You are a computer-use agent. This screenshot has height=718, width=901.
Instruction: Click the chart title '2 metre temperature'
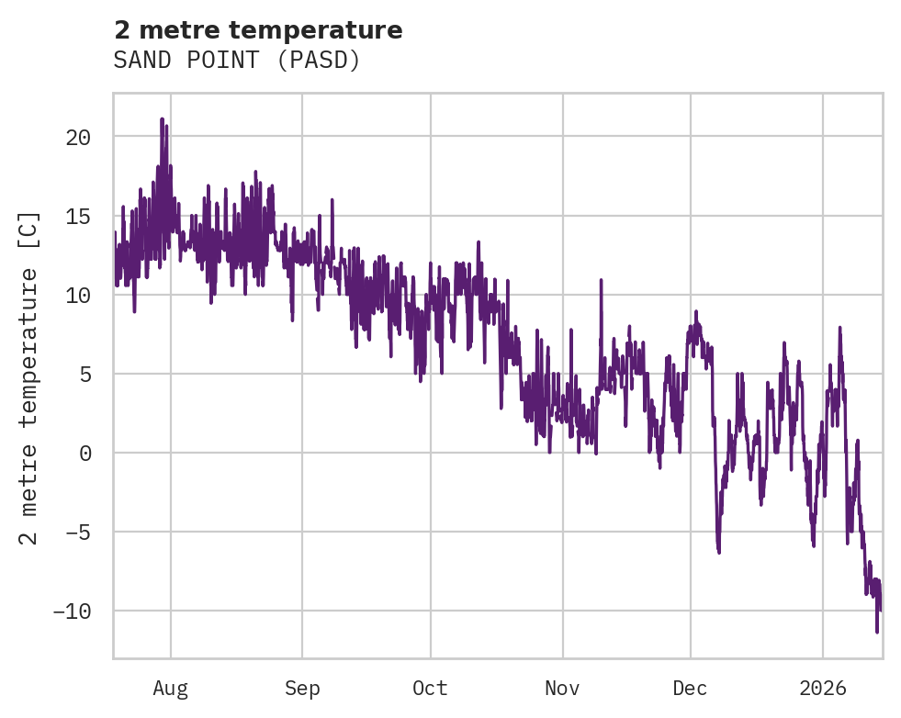258,30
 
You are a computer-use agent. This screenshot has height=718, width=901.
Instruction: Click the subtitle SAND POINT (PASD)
237,61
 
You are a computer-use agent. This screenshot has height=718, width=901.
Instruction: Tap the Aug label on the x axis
171,688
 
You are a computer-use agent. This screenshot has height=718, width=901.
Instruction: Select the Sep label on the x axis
302,688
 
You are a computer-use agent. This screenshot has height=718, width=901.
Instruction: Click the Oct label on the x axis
430,688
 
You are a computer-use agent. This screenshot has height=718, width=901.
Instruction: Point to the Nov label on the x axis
562,688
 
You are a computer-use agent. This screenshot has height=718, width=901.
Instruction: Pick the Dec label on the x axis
690,688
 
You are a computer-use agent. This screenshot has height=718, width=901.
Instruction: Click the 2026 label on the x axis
823,688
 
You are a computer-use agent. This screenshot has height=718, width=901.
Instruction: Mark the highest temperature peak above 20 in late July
162,119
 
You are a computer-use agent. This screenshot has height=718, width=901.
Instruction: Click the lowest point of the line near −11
877,632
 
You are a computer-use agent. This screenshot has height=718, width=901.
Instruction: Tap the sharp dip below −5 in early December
718,552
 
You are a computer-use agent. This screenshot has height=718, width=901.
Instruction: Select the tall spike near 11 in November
602,280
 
